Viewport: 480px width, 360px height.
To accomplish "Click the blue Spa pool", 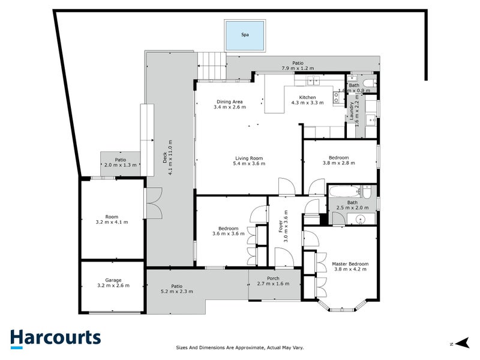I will (x=245, y=35).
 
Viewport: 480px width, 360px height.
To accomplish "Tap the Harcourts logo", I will (x=55, y=338).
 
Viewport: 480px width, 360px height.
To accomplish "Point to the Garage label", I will (x=112, y=280).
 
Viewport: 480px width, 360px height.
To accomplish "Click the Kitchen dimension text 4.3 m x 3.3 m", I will (x=307, y=103).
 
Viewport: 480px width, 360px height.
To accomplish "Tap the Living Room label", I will (x=249, y=158).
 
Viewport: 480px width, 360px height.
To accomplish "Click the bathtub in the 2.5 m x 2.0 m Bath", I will (x=344, y=193).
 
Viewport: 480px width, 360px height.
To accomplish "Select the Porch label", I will (x=273, y=278).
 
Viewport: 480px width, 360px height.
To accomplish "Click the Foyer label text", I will (x=280, y=228).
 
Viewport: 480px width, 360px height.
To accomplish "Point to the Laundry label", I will (x=353, y=109).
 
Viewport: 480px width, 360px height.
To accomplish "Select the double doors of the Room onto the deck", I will (x=152, y=204).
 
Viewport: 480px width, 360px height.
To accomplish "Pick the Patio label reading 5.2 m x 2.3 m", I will (x=176, y=289).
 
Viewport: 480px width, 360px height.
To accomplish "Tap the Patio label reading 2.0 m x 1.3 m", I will (x=121, y=160).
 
